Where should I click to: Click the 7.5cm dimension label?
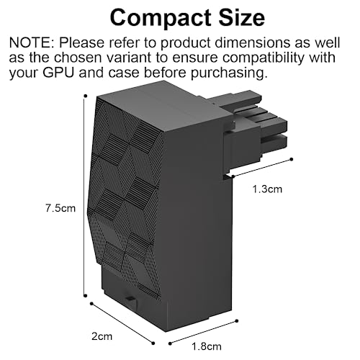60,208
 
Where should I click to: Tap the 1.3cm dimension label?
267,189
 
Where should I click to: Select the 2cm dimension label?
102,336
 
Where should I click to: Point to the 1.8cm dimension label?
207,346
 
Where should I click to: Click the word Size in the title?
242,17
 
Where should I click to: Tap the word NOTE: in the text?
32,42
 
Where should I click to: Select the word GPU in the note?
58,73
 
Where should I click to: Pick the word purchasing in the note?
229,73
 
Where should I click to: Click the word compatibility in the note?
262,58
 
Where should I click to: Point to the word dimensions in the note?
253,42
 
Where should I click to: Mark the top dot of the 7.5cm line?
85,96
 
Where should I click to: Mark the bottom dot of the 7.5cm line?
85,296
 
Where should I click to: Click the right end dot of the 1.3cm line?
292,159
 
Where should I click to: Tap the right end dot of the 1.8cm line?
237,321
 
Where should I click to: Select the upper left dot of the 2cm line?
91,304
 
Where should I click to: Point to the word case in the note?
123,73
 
